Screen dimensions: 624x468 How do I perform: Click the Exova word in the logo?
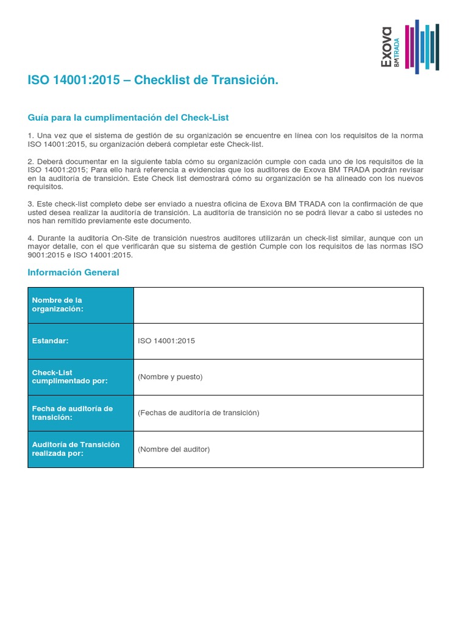tap(386, 46)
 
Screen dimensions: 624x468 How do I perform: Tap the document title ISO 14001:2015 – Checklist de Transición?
tap(153, 80)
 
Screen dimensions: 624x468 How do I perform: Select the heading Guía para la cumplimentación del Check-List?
tap(128, 117)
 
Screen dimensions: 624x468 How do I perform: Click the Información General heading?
tap(73, 272)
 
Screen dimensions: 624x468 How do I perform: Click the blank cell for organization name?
tap(278, 305)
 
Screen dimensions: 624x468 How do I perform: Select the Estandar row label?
tap(50, 341)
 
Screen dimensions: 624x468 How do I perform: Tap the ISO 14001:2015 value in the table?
tap(166, 341)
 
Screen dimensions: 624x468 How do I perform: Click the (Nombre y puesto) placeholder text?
tap(170, 377)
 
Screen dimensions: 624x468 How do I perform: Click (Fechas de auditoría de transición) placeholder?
tap(199, 413)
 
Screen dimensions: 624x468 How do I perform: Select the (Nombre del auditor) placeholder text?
tap(174, 449)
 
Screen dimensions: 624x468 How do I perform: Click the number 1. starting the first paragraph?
tap(30, 135)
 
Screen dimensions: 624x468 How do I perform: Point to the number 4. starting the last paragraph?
tap(30, 238)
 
